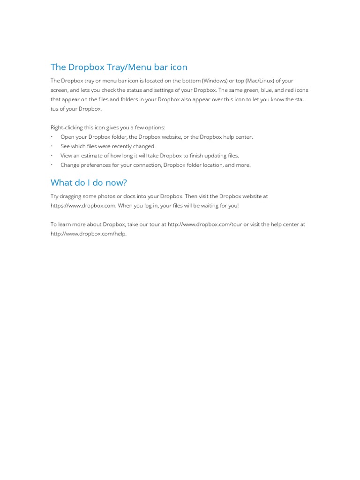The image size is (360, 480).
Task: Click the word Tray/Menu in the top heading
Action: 126,67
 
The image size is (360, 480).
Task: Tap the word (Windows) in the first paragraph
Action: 214,81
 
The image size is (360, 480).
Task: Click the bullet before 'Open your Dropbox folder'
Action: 52,137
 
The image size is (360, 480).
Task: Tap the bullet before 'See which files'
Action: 52,146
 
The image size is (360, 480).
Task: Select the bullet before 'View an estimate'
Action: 52,156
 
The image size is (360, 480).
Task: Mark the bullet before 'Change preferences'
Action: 52,165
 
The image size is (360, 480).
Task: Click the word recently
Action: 122,146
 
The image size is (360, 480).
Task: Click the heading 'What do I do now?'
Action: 89,182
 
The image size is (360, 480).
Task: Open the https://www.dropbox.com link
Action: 83,206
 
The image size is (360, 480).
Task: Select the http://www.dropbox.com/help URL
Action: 88,234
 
